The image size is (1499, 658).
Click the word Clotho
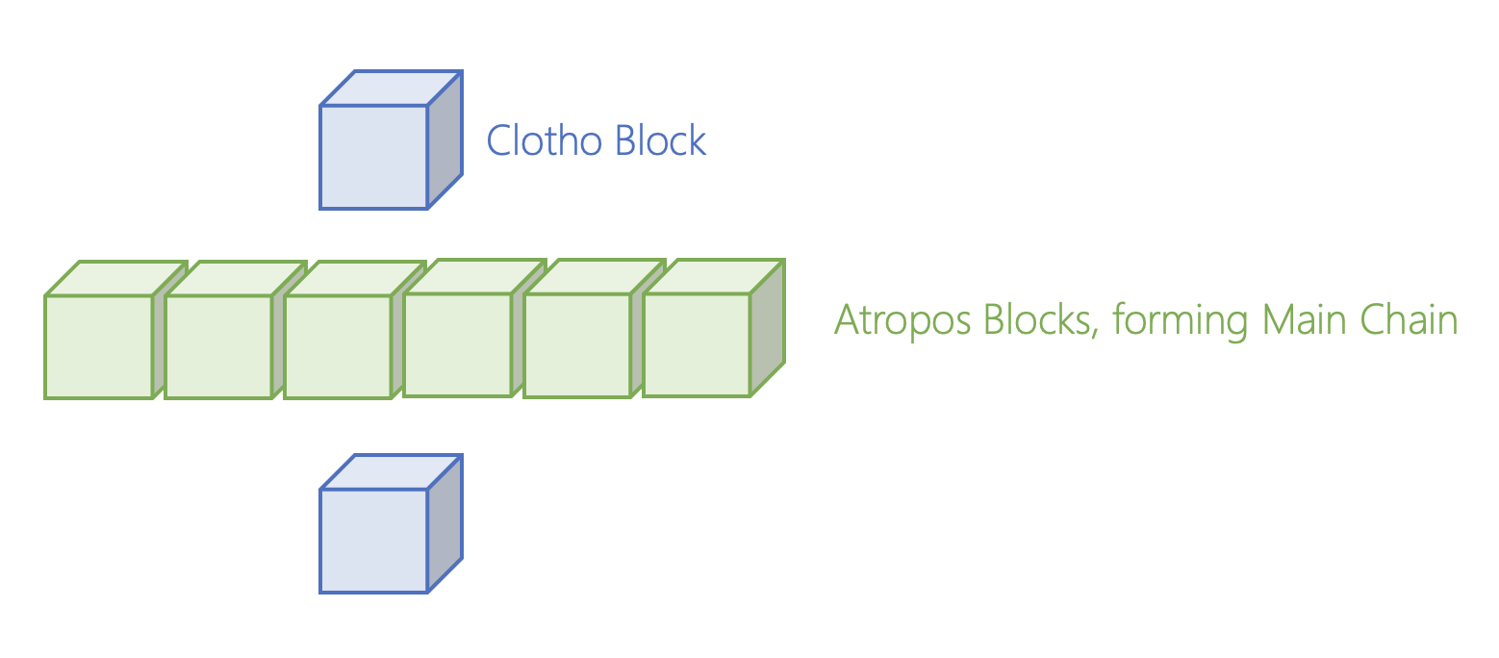point(544,140)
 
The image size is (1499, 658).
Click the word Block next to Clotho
point(660,140)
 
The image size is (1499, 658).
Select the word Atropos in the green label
point(902,321)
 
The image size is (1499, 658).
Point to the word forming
point(1181,321)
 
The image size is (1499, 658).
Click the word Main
point(1305,319)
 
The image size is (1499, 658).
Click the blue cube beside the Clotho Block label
point(392,139)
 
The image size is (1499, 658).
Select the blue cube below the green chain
point(392,524)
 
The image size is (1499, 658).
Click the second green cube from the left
point(235,330)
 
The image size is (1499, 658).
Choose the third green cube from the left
point(355,330)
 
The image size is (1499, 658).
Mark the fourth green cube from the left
point(474,328)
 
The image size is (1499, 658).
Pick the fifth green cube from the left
point(595,328)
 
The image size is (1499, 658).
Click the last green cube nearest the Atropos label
point(714,328)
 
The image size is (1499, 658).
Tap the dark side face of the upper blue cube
point(445,139)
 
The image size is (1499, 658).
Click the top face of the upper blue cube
point(392,88)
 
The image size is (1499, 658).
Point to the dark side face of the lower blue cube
point(445,524)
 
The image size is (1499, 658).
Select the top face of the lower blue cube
point(392,472)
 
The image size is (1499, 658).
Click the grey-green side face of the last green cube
point(768,328)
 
